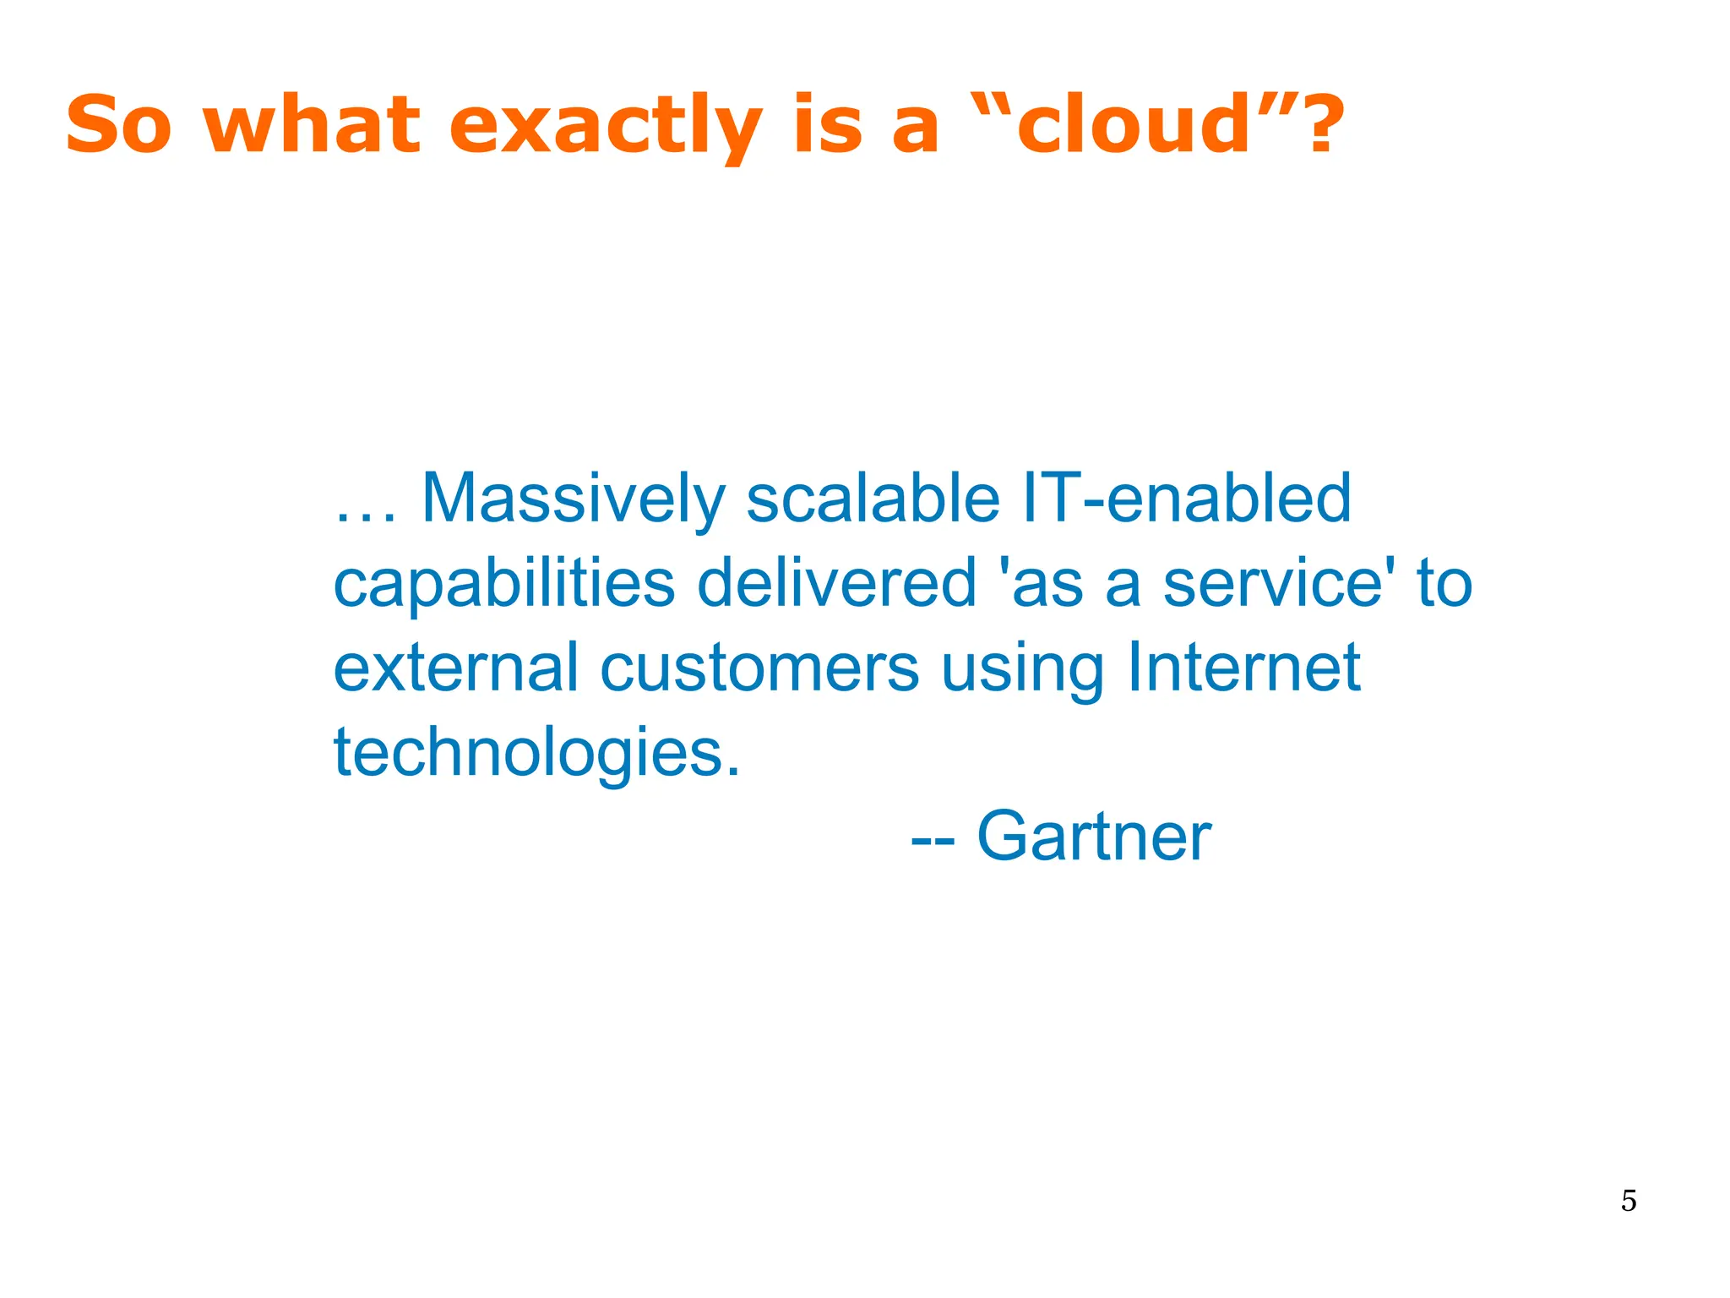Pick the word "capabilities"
click(504, 584)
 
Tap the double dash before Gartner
click(933, 841)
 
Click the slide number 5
click(1629, 1201)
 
